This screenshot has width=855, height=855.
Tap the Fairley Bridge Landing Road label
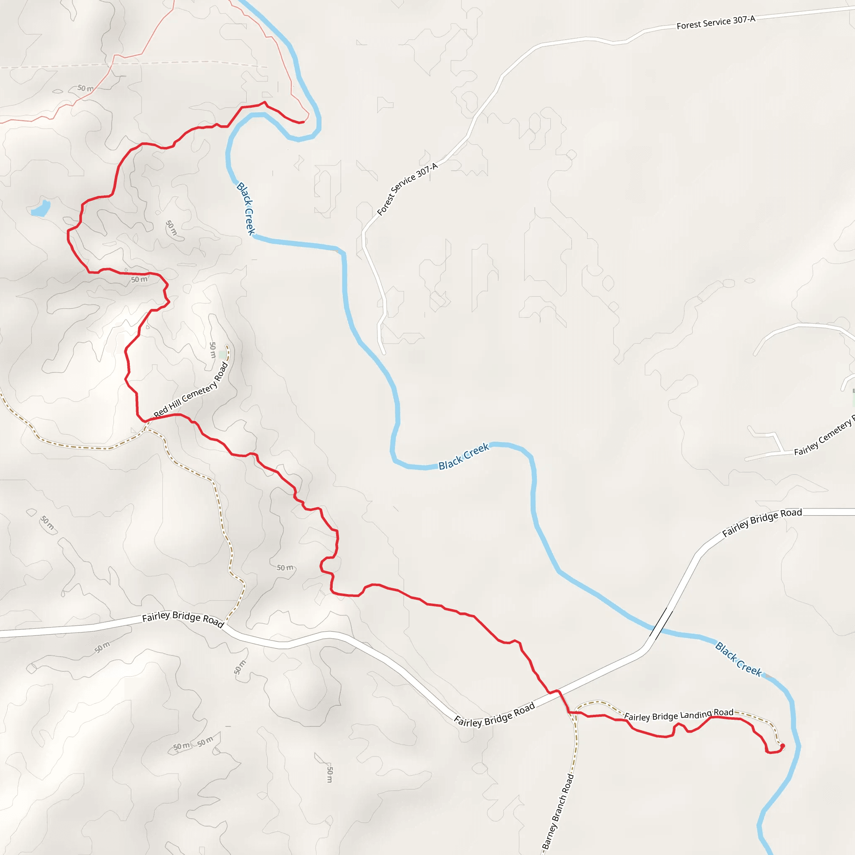(678, 715)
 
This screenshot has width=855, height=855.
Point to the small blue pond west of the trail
(41, 208)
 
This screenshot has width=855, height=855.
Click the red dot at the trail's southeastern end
(782, 746)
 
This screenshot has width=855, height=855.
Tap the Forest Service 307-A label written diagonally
(407, 189)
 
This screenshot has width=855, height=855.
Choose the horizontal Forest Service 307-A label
(716, 22)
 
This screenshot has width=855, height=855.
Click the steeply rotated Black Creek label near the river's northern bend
(246, 208)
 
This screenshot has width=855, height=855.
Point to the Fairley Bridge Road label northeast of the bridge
(761, 522)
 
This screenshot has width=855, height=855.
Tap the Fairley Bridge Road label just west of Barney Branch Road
(494, 715)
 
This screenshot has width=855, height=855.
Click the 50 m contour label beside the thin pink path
(86, 88)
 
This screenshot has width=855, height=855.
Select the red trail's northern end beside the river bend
(302, 122)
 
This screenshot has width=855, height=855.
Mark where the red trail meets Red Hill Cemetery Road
(146, 420)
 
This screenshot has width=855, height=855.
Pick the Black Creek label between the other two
(463, 455)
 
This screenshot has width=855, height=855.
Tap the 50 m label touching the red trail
(139, 279)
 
